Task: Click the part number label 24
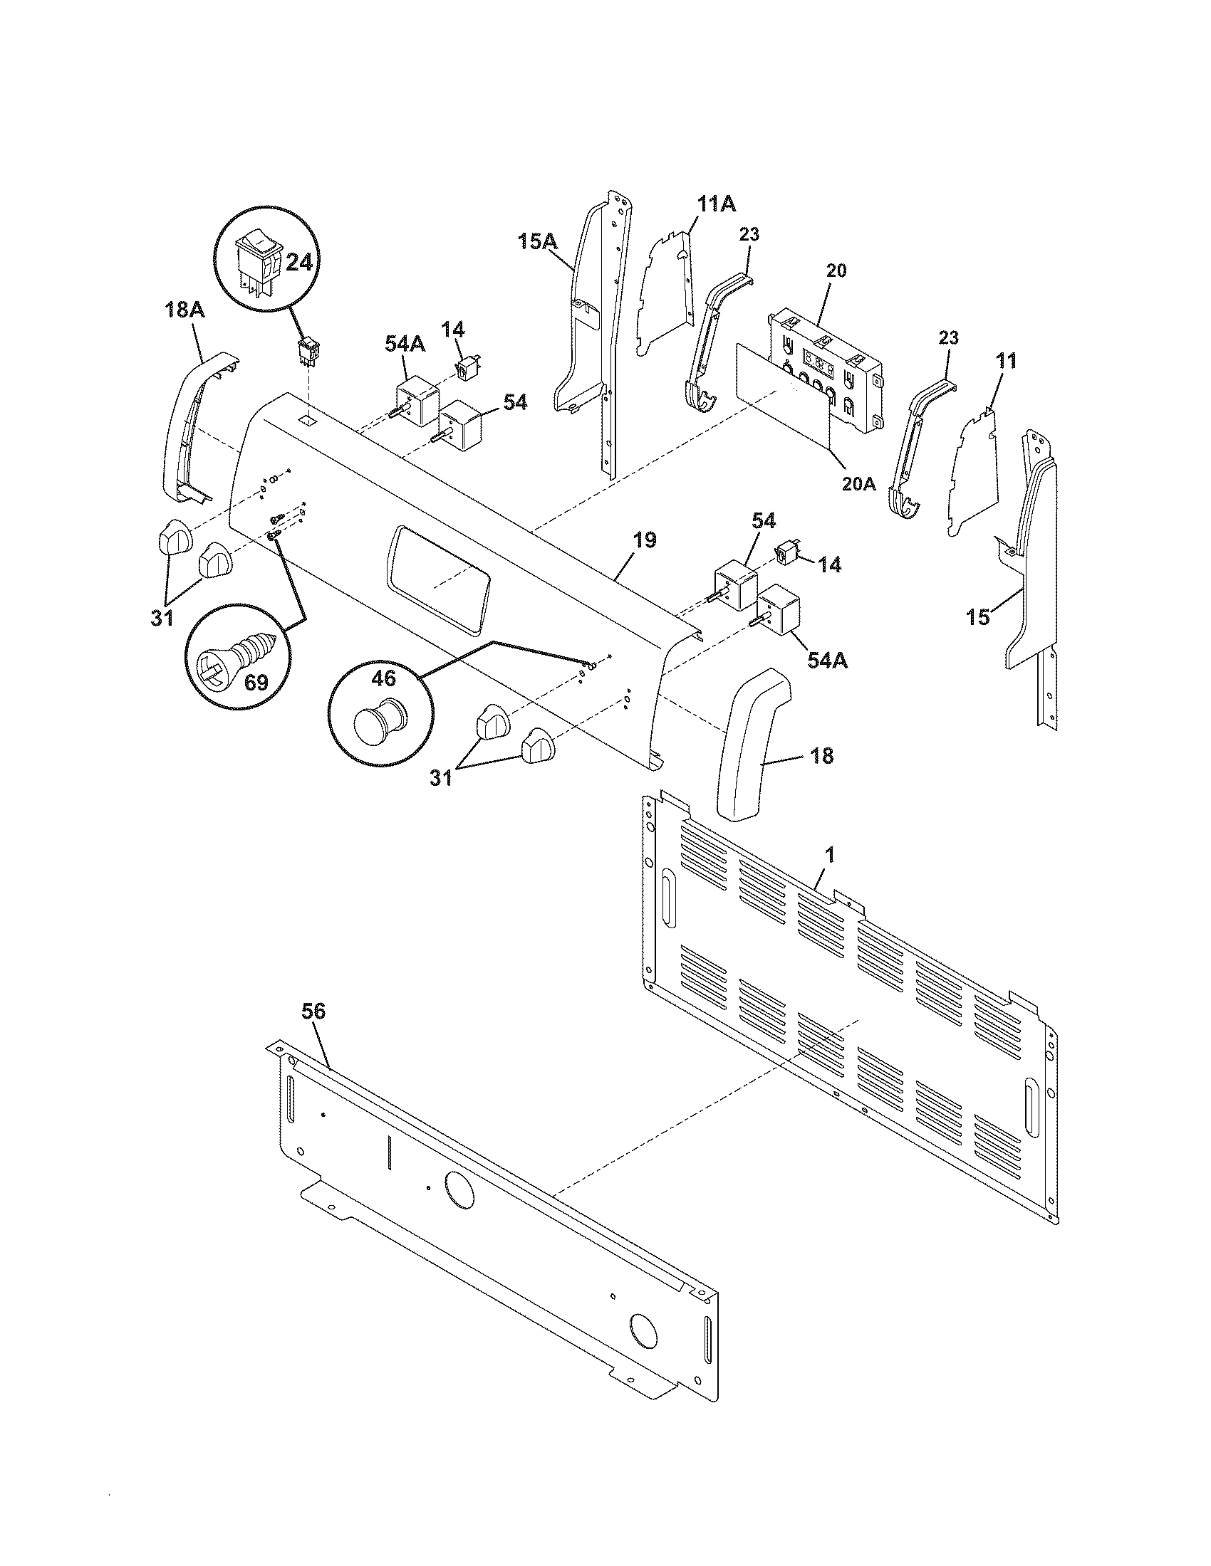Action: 299,263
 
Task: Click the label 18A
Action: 184,310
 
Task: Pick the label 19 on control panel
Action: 645,540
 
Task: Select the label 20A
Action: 859,483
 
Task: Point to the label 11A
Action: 717,204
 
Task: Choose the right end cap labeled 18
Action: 752,743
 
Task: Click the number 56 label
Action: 313,1011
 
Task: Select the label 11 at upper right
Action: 1007,361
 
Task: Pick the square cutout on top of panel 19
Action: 306,417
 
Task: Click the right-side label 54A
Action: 827,659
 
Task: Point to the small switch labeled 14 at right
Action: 786,554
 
